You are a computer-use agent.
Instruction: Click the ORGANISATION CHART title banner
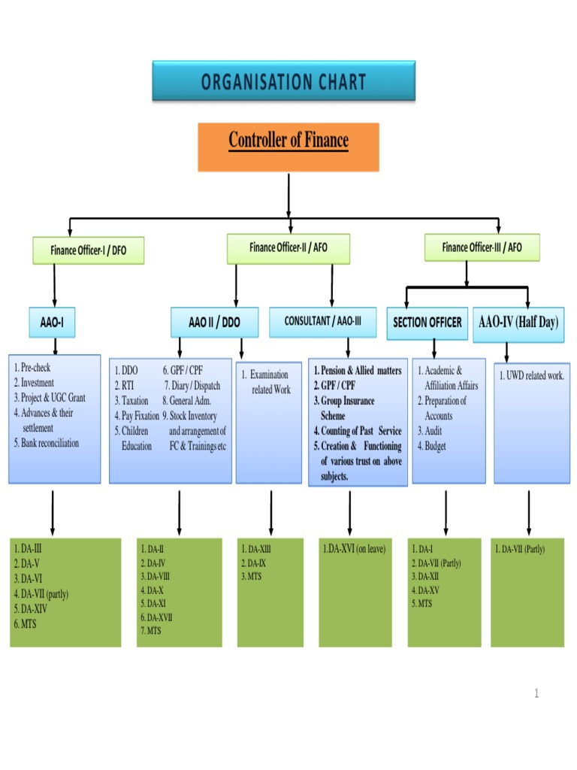pyautogui.click(x=283, y=81)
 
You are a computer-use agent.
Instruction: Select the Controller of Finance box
pyautogui.click(x=288, y=147)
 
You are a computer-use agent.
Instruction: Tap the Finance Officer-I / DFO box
pyautogui.click(x=88, y=250)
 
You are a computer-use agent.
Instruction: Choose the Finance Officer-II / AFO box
pyautogui.click(x=288, y=248)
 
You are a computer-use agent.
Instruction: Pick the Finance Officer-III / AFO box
pyautogui.click(x=482, y=247)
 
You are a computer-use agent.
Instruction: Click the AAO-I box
pyautogui.click(x=52, y=322)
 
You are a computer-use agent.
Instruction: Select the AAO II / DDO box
pyautogui.click(x=214, y=322)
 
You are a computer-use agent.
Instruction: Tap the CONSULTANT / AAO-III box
pyautogui.click(x=323, y=321)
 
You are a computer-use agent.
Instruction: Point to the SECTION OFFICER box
pyautogui.click(x=427, y=323)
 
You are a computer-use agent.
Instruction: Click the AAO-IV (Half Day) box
pyautogui.click(x=518, y=323)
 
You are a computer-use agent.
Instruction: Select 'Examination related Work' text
pyautogui.click(x=269, y=382)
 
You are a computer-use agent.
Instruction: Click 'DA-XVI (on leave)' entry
pyautogui.click(x=354, y=549)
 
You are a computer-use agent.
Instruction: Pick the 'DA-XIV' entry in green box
pyautogui.click(x=35, y=609)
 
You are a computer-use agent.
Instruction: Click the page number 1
pyautogui.click(x=536, y=693)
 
